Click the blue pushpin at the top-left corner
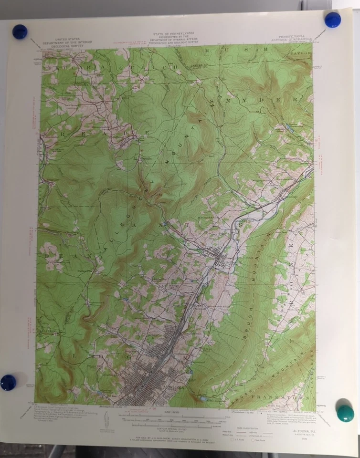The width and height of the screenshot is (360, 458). click(x=20, y=31)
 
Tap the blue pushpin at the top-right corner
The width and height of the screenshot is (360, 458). click(x=332, y=20)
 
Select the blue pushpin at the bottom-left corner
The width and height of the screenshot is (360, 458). click(x=8, y=382)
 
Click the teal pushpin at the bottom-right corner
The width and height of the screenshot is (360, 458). click(x=345, y=413)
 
